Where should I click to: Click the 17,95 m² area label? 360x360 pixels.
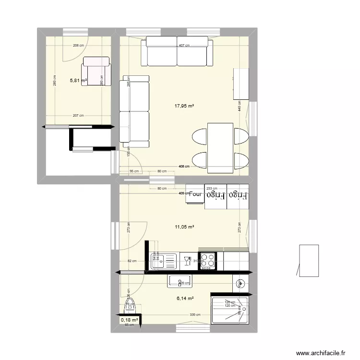(184, 107)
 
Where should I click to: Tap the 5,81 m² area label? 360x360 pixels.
(78, 81)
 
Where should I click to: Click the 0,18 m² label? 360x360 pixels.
(129, 320)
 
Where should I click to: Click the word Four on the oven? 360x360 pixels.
(195, 194)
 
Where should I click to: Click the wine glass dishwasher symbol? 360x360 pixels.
(187, 261)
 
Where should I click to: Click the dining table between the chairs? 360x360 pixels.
(220, 148)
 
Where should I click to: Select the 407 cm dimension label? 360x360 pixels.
(184, 46)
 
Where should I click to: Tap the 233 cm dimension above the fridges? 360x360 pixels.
(212, 189)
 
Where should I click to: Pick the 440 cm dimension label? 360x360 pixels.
(239, 108)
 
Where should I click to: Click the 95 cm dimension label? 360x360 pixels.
(134, 171)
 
